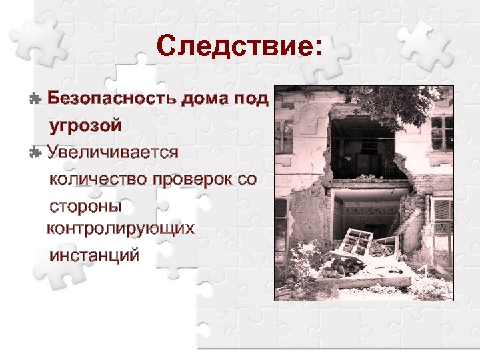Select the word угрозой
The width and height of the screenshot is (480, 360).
[85, 125]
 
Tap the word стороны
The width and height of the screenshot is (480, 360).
[85, 205]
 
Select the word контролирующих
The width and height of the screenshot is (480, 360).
[120, 229]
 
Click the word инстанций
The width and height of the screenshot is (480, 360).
[94, 255]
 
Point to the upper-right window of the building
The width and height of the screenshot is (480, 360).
[441, 132]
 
